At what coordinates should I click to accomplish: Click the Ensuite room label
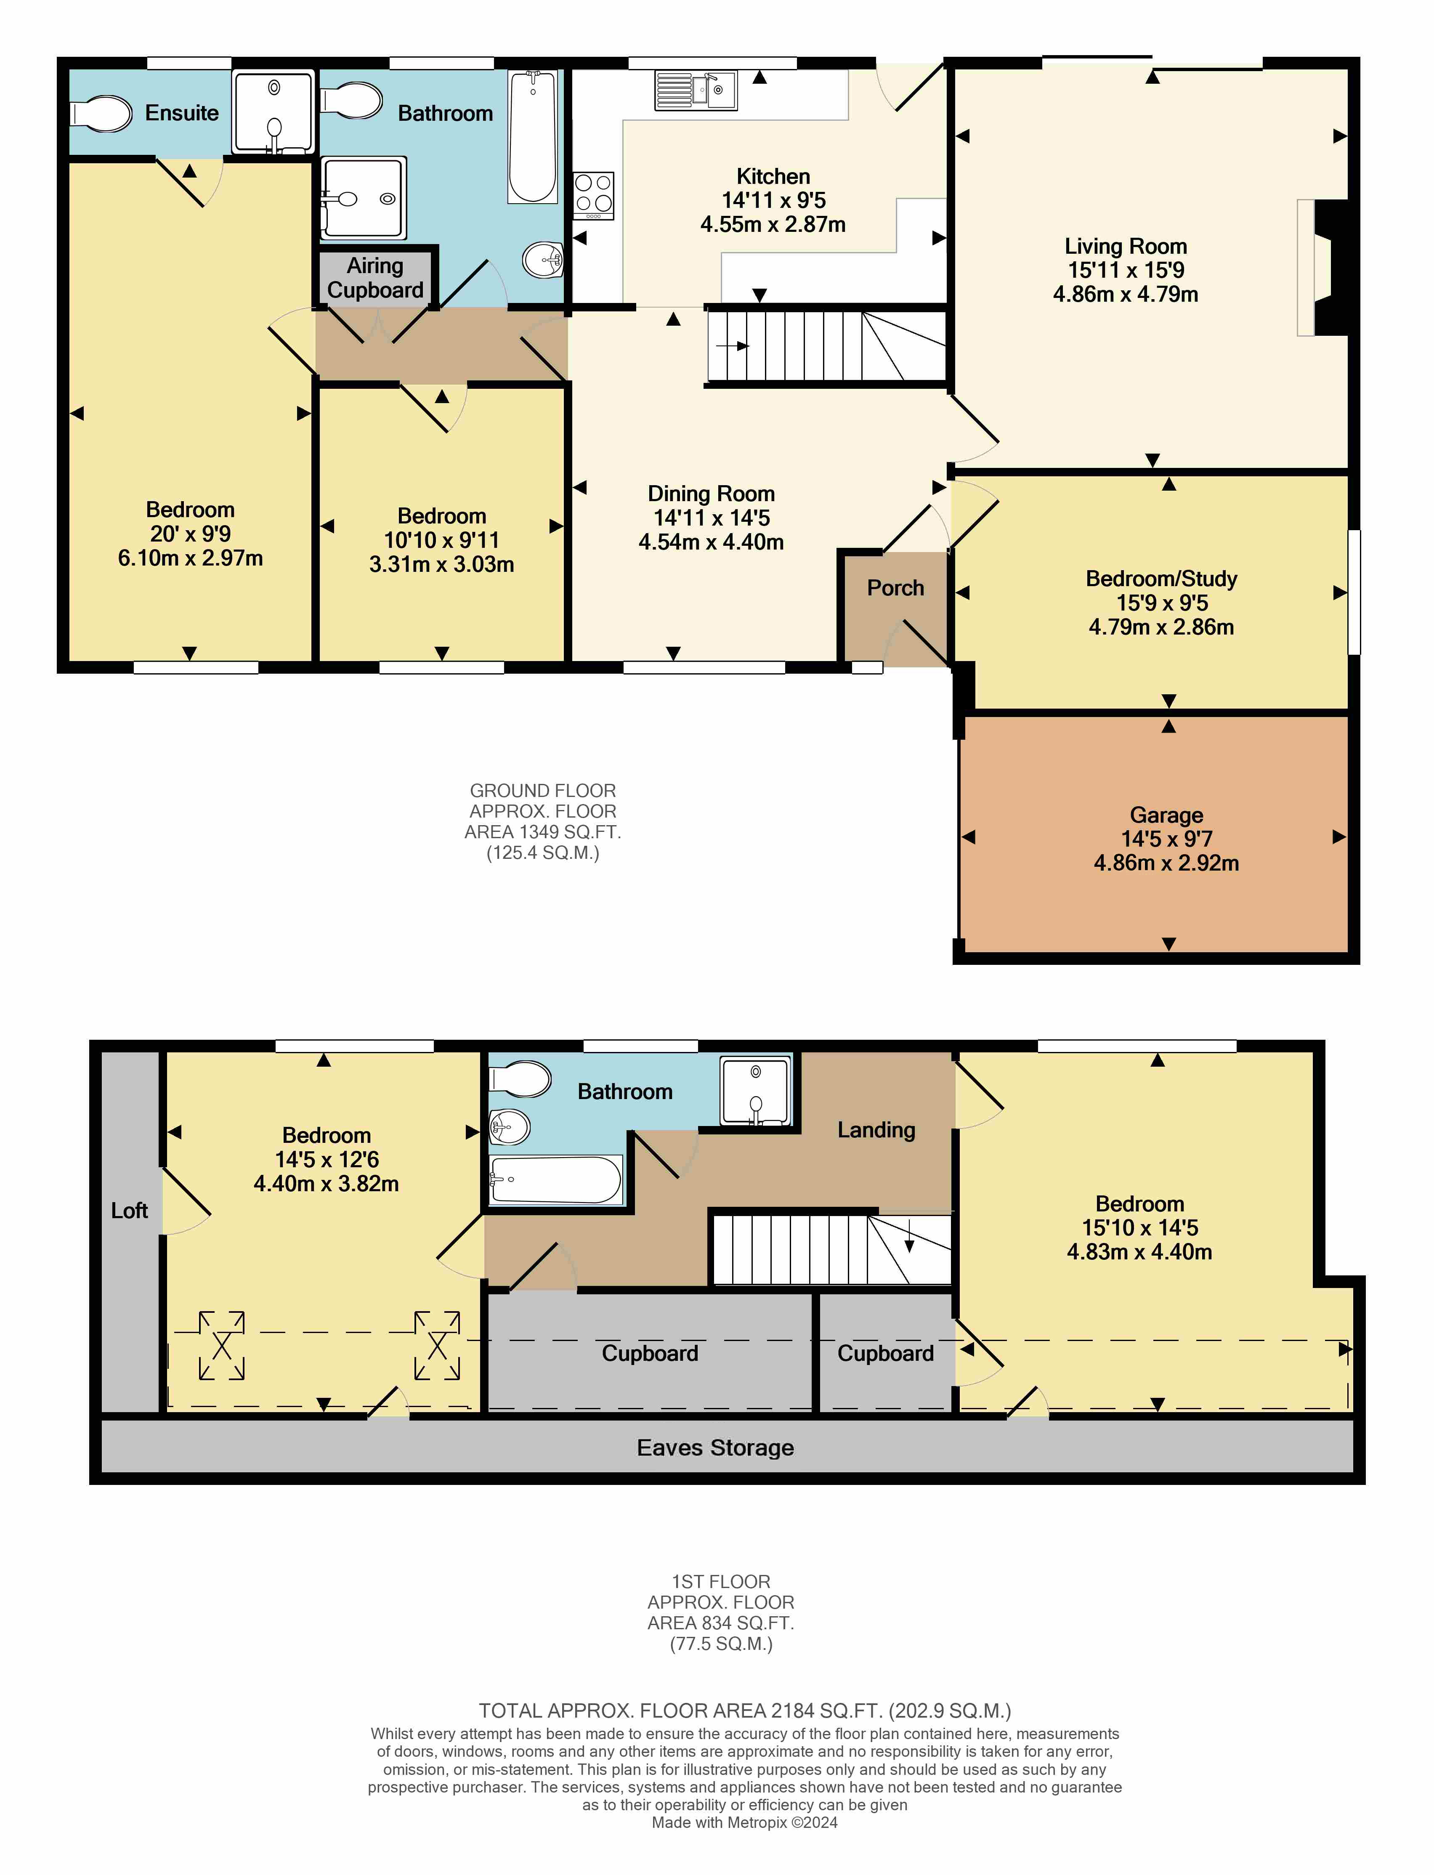182,113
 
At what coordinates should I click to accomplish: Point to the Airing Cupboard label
376,278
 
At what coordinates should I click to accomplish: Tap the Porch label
895,588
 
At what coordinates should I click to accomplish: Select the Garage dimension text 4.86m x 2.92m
1166,863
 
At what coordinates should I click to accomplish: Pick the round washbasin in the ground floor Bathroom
544,260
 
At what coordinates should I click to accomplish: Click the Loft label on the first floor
130,1210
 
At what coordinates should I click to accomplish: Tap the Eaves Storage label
715,1447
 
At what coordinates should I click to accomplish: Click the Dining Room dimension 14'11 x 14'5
712,518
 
